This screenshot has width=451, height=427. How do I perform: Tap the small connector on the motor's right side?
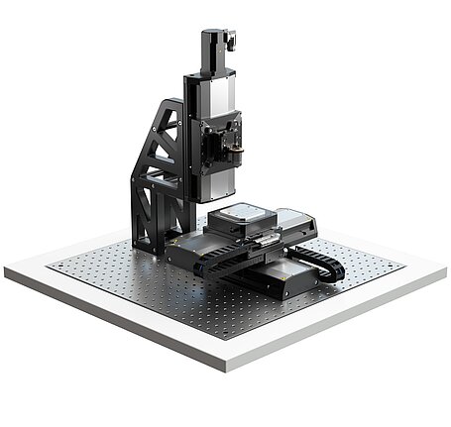point(232,41)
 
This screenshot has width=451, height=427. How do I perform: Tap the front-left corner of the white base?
point(8,271)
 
